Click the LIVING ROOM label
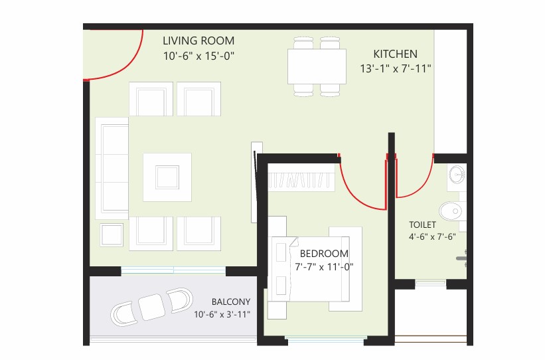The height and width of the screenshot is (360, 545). pyautogui.click(x=198, y=41)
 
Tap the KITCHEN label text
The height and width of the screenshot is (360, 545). pyautogui.click(x=395, y=54)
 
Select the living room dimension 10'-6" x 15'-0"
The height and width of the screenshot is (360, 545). pyautogui.click(x=198, y=56)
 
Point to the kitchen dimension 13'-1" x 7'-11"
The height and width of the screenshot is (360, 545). pyautogui.click(x=396, y=68)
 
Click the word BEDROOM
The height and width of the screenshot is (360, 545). pyautogui.click(x=324, y=254)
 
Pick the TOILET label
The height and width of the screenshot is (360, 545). pyautogui.click(x=422, y=225)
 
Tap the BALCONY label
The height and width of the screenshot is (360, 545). pyautogui.click(x=231, y=302)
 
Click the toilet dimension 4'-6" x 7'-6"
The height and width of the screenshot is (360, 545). pyautogui.click(x=432, y=237)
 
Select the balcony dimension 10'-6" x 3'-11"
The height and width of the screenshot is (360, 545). pyautogui.click(x=222, y=314)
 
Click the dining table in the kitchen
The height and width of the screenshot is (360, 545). pyautogui.click(x=317, y=66)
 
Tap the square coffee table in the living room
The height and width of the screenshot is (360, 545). pyautogui.click(x=167, y=177)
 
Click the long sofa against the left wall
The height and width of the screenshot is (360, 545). pyautogui.click(x=112, y=168)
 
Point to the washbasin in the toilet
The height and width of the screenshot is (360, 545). pyautogui.click(x=457, y=174)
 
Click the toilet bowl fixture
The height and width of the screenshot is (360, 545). pyautogui.click(x=451, y=211)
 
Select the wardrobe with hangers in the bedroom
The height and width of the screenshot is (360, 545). pyautogui.click(x=301, y=177)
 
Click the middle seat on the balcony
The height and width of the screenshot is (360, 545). pyautogui.click(x=151, y=307)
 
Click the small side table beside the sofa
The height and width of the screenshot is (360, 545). pyautogui.click(x=112, y=235)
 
